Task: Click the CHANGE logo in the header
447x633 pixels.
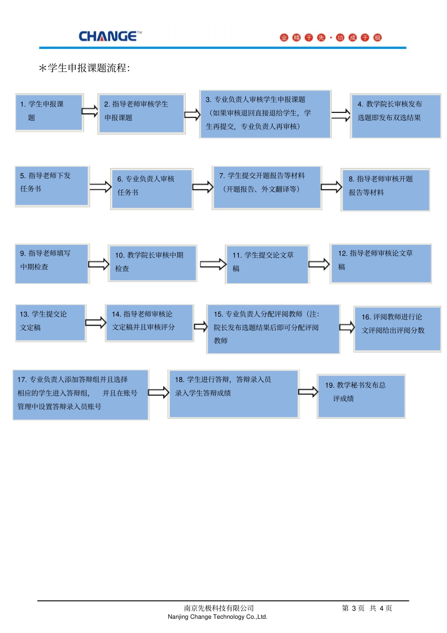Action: point(110,36)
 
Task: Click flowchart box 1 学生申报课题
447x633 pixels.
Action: point(49,112)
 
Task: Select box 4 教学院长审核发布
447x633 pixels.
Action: point(395,116)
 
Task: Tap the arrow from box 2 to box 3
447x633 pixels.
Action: point(192,114)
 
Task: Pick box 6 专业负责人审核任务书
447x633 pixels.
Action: point(152,189)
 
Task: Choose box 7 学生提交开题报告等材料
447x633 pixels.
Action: point(267,187)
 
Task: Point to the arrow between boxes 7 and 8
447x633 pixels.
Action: point(331,187)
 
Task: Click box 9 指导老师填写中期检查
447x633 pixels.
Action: point(52,264)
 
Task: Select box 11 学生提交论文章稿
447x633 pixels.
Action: point(267,264)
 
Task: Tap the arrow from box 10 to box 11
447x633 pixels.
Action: point(213,264)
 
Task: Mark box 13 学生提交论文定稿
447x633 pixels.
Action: point(50,323)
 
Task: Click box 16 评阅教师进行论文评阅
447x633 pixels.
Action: point(397,329)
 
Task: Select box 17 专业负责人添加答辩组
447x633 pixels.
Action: point(80,394)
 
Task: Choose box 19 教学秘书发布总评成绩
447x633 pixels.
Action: point(361,396)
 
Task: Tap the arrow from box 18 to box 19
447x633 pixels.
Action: point(308,392)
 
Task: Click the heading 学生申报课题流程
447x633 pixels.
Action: point(85,68)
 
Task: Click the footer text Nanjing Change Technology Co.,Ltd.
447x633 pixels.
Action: point(217,617)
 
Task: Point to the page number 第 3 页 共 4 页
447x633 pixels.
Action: point(367,608)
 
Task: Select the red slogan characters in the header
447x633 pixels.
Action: point(330,38)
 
